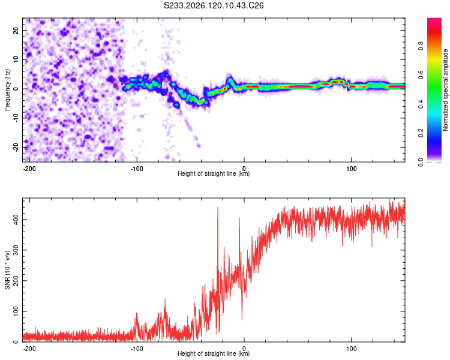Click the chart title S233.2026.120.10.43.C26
(x=214, y=5)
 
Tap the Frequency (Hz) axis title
(x=7, y=90)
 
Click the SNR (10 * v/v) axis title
(x=7, y=270)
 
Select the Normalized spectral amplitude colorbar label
(x=445, y=90)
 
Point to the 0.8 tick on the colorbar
(x=421, y=46)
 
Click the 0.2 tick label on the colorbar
(x=421, y=133)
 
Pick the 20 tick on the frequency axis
(x=16, y=31)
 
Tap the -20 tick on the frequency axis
(x=16, y=147)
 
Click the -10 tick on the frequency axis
(x=16, y=118)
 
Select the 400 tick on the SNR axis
(x=16, y=220)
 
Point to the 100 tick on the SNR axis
(x=16, y=311)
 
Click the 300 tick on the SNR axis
(x=16, y=250)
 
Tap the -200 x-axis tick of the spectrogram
(x=29, y=169)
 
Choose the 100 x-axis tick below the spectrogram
(x=351, y=169)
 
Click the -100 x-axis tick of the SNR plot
(x=137, y=349)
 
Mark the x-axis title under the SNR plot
(x=214, y=353)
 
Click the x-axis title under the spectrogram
(x=214, y=173)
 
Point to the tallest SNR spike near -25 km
(x=218, y=207)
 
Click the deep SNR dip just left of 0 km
(x=242, y=320)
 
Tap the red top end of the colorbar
(x=434, y=19)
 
